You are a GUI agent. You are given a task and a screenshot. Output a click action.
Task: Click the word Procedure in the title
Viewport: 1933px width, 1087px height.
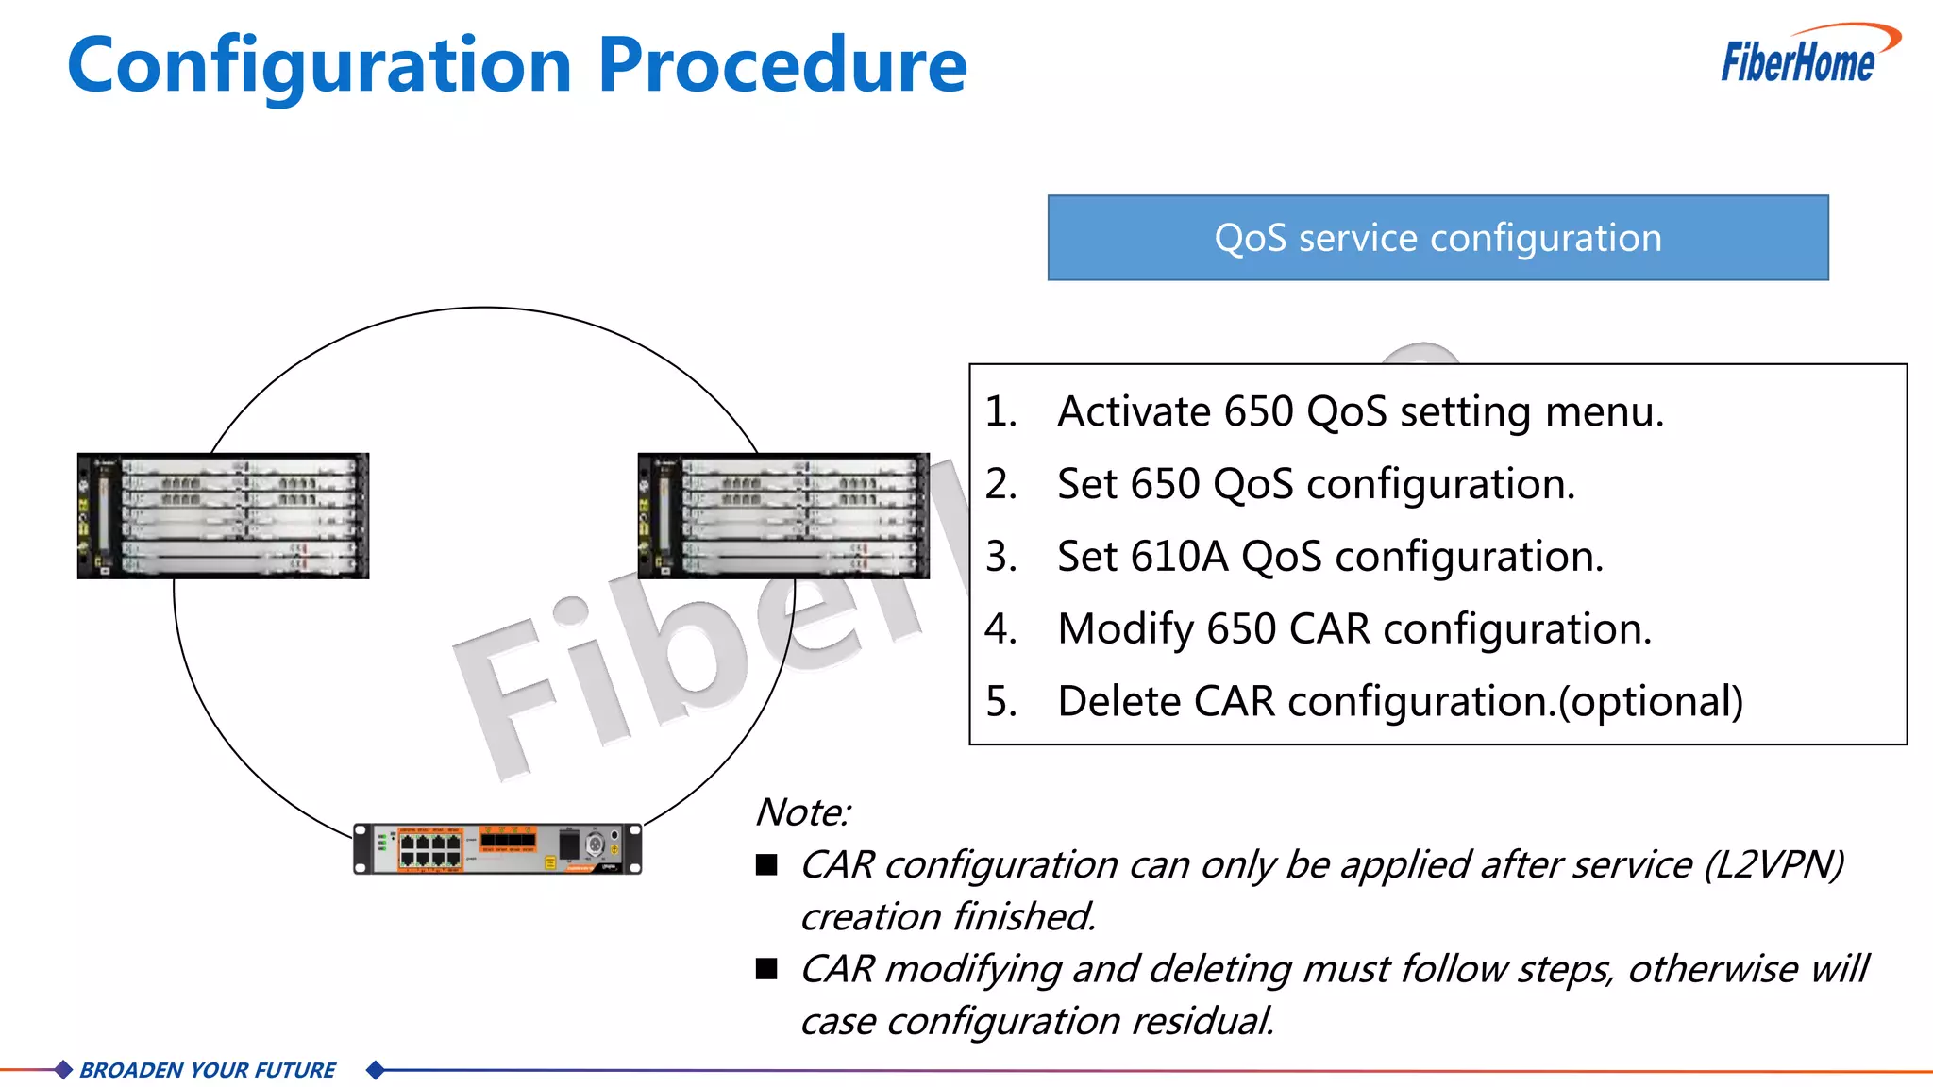782,66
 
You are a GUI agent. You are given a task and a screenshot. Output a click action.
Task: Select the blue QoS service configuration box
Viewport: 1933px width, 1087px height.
1437,238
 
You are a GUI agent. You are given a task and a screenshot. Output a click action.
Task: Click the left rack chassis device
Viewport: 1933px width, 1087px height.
223,516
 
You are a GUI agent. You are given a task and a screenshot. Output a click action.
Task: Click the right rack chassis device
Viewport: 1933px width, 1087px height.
783,516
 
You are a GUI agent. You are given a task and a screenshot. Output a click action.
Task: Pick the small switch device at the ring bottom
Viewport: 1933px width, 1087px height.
497,848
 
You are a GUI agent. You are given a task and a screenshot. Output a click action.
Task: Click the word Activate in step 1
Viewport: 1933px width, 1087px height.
1134,412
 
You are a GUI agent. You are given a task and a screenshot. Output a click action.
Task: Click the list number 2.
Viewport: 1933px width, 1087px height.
1000,485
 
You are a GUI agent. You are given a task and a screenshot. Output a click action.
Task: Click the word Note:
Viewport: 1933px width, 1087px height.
802,812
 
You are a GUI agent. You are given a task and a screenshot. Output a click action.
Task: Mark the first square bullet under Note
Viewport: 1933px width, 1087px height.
766,864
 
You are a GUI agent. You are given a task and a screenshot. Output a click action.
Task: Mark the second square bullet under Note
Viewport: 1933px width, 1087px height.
766,968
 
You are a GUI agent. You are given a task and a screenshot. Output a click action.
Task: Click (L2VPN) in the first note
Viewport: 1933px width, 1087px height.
1773,865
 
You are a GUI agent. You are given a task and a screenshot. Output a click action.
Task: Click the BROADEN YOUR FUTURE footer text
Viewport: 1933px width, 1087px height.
208,1070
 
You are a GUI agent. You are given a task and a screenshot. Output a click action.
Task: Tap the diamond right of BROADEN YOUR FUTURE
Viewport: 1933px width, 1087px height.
375,1070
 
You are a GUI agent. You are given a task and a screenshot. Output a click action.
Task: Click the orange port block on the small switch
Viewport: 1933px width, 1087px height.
508,838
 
